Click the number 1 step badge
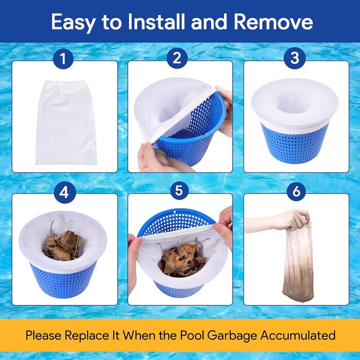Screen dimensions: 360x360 pos(63,58)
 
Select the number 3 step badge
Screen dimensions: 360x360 pos(295,58)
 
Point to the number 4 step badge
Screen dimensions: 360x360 pos(64,192)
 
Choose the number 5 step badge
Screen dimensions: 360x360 pos(178,191)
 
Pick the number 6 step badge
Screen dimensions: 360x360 pos(296,191)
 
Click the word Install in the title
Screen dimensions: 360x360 pos(156,22)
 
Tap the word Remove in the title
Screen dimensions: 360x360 pos(273,22)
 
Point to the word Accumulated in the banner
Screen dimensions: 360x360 pos(298,335)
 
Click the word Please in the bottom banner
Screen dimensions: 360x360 pos(43,335)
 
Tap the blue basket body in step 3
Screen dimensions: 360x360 pos(295,143)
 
